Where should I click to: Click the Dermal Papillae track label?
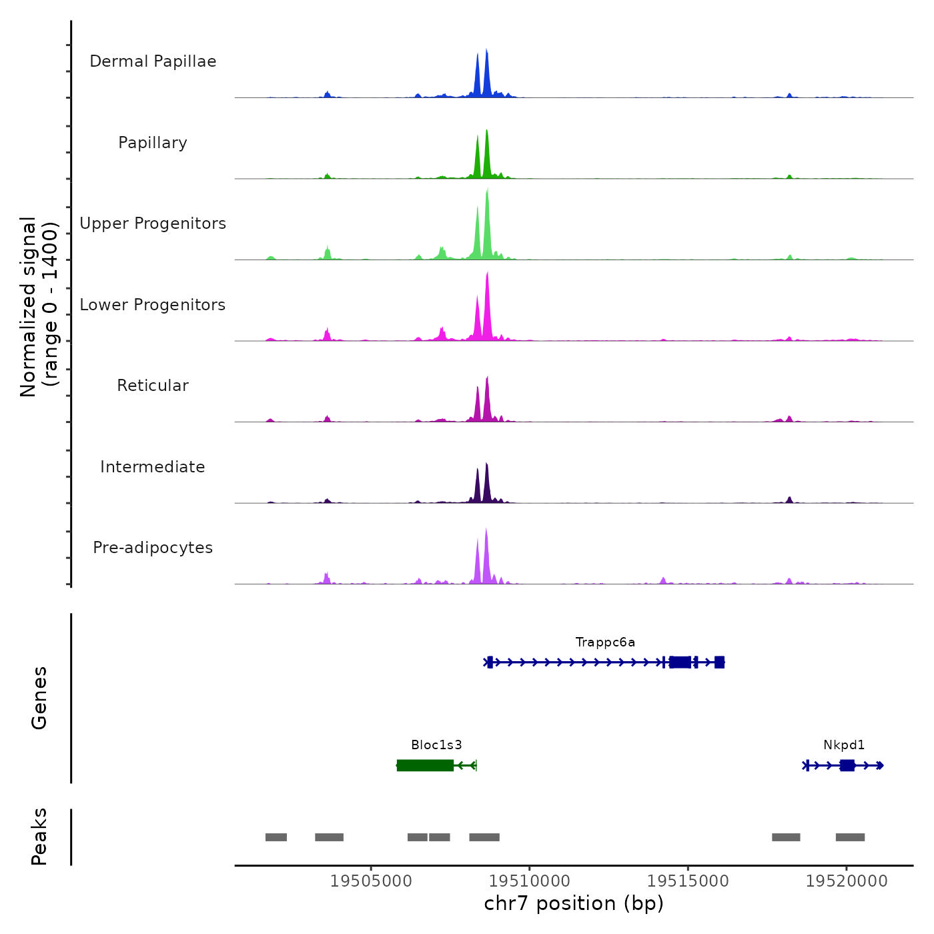pyautogui.click(x=153, y=61)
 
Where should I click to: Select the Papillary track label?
pyautogui.click(x=153, y=143)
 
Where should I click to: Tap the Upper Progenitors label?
pyautogui.click(x=153, y=223)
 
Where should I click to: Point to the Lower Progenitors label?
pyautogui.click(x=153, y=305)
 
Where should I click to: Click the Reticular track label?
pyautogui.click(x=153, y=386)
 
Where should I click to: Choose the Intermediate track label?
pyautogui.click(x=153, y=467)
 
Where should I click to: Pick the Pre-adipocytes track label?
pyautogui.click(x=153, y=548)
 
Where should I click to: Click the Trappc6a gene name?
pyautogui.click(x=605, y=642)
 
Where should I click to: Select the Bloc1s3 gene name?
pyautogui.click(x=436, y=745)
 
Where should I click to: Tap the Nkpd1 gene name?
pyautogui.click(x=844, y=745)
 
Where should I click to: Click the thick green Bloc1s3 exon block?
pyautogui.click(x=425, y=765)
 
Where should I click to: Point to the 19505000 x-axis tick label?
pyautogui.click(x=371, y=881)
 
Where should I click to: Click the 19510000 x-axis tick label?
pyautogui.click(x=530, y=881)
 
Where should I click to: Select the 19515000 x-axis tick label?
pyautogui.click(x=688, y=881)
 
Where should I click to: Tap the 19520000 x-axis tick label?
pyautogui.click(x=847, y=881)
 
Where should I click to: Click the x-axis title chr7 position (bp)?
pyautogui.click(x=574, y=903)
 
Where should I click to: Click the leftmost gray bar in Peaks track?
pyautogui.click(x=276, y=837)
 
